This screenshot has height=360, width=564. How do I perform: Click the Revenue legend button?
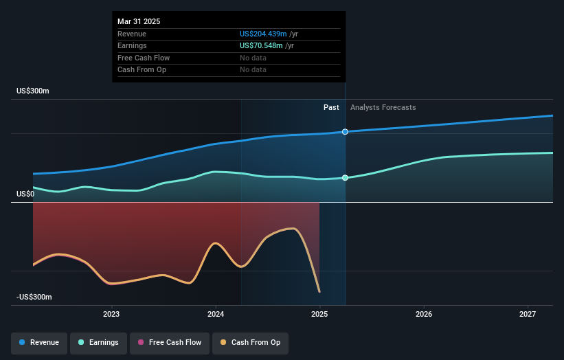pyautogui.click(x=39, y=342)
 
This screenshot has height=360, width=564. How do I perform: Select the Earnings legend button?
pyautogui.click(x=98, y=342)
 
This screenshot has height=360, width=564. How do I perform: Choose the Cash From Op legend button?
pyautogui.click(x=250, y=342)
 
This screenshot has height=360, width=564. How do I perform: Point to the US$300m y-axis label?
pyautogui.click(x=34, y=91)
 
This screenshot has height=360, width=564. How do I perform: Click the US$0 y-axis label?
pyautogui.click(x=25, y=194)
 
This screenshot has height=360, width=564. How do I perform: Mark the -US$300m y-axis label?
pyautogui.click(x=34, y=297)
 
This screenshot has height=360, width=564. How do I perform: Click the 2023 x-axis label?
pyautogui.click(x=111, y=315)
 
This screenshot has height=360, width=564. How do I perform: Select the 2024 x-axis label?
pyautogui.click(x=216, y=315)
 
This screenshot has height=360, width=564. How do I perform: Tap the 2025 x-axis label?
pyautogui.click(x=319, y=315)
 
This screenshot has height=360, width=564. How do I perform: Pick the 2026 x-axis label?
pyautogui.click(x=424, y=315)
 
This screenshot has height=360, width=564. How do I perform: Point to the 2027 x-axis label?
pyautogui.click(x=528, y=315)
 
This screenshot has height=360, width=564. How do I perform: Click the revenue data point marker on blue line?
pyautogui.click(x=345, y=131)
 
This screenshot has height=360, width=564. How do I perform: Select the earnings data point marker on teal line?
pyautogui.click(x=345, y=178)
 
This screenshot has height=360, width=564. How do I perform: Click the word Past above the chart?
pyautogui.click(x=331, y=107)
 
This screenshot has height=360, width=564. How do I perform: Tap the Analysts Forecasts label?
pyautogui.click(x=383, y=107)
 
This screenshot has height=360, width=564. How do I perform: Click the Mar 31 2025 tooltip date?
pyautogui.click(x=139, y=21)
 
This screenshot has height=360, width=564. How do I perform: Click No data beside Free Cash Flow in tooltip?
pyautogui.click(x=253, y=58)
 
